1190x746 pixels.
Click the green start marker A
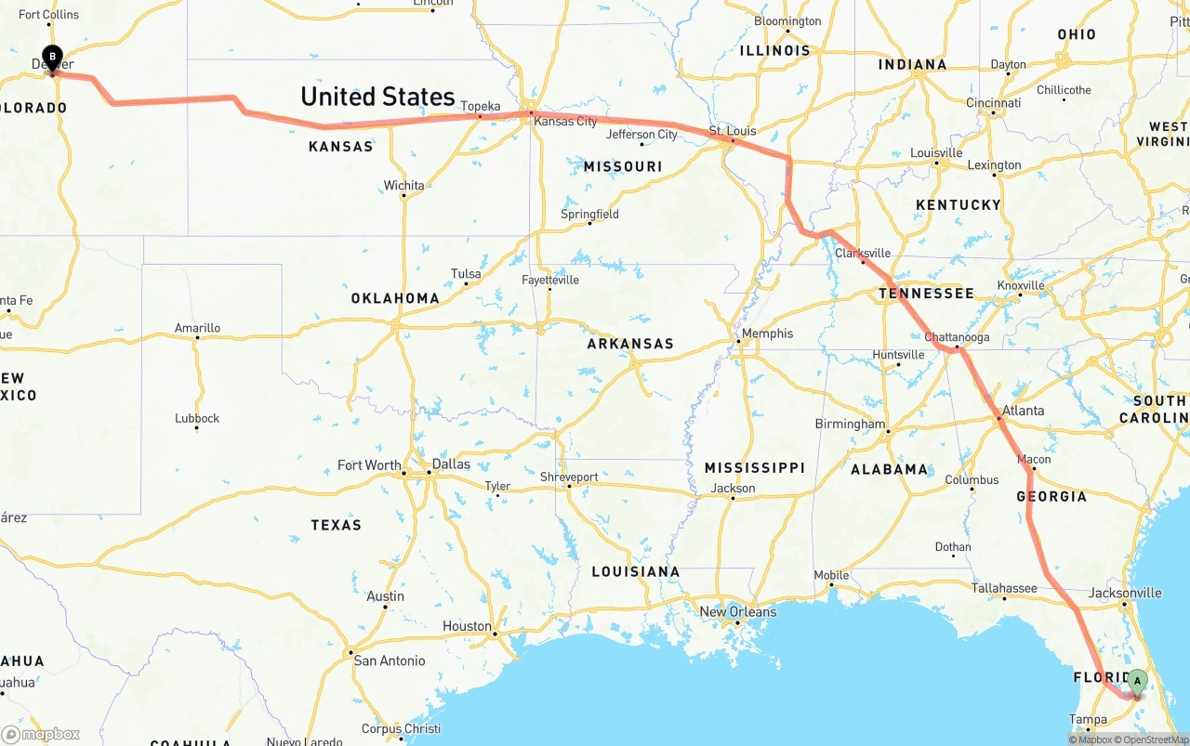pyautogui.click(x=1136, y=682)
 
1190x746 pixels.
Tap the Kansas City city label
pyautogui.click(x=565, y=122)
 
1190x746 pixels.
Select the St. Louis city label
pyautogui.click(x=733, y=131)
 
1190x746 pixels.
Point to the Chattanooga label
pyautogui.click(x=957, y=337)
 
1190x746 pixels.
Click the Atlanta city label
pyautogui.click(x=1023, y=411)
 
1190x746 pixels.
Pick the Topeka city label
pyautogui.click(x=481, y=106)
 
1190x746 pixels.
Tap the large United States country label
pyautogui.click(x=377, y=97)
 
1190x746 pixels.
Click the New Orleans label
pyautogui.click(x=737, y=611)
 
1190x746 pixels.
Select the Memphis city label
pyautogui.click(x=767, y=334)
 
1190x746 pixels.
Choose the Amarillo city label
pyautogui.click(x=197, y=328)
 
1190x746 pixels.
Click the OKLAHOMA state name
pyautogui.click(x=395, y=298)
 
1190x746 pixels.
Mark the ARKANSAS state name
pyautogui.click(x=630, y=344)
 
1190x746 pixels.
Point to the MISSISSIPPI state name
pyautogui.click(x=754, y=467)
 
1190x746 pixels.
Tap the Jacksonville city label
pyautogui.click(x=1125, y=593)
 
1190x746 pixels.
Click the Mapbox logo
pyautogui.click(x=41, y=734)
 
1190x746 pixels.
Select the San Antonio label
pyautogui.click(x=390, y=661)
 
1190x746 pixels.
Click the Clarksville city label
pyautogui.click(x=863, y=253)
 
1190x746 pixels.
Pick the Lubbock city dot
pyautogui.click(x=197, y=428)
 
